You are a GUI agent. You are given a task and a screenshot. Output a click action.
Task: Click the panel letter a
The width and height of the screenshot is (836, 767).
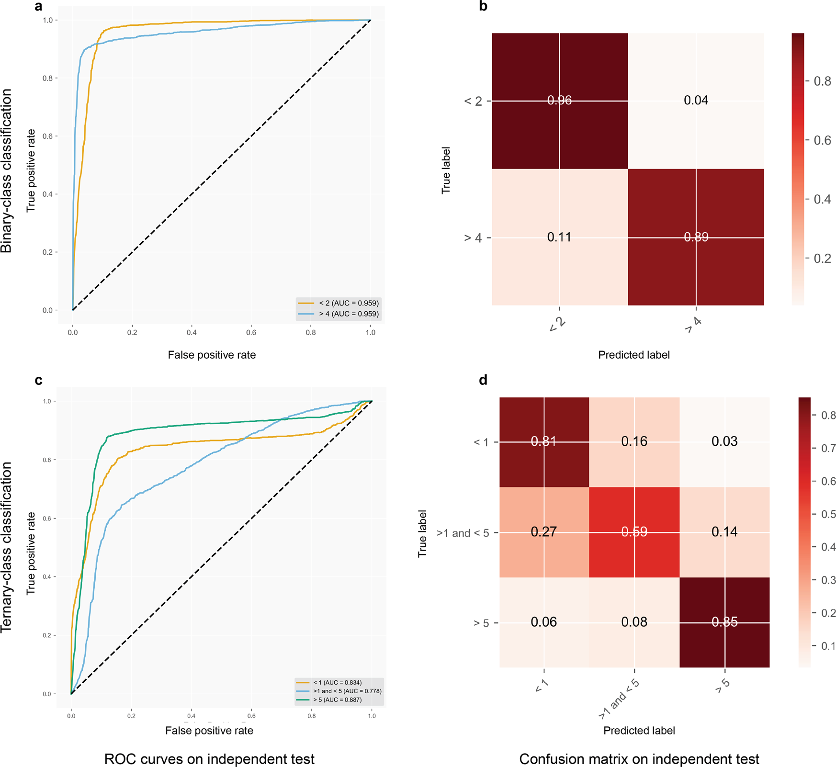click(x=39, y=6)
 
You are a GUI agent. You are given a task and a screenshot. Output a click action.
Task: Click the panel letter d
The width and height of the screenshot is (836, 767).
click(x=483, y=380)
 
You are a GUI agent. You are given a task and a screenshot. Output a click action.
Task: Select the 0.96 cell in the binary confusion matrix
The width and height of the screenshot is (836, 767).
click(x=559, y=100)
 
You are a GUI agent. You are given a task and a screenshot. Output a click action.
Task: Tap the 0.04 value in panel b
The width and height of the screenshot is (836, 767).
click(x=696, y=100)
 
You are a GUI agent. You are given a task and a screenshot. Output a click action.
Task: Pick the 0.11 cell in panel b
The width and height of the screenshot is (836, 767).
click(x=559, y=237)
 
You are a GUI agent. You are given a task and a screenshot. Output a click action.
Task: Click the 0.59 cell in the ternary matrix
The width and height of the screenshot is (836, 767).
click(x=634, y=532)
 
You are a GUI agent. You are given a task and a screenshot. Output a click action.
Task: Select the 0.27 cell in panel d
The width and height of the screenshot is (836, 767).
click(x=543, y=532)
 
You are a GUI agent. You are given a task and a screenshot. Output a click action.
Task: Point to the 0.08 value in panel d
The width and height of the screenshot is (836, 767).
click(x=634, y=622)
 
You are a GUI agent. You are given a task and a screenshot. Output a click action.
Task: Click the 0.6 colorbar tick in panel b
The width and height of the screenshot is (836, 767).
click(x=822, y=140)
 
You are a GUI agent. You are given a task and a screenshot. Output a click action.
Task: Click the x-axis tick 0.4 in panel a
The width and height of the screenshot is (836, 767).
click(x=192, y=332)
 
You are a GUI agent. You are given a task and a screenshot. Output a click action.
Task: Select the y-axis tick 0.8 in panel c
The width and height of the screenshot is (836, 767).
click(x=47, y=460)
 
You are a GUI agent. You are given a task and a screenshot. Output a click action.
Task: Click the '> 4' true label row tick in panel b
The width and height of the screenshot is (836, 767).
click(x=473, y=238)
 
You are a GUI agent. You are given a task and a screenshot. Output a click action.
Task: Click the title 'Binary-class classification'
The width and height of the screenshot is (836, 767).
click(x=7, y=171)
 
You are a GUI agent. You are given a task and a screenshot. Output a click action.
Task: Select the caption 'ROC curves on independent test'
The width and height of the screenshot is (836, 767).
click(x=209, y=759)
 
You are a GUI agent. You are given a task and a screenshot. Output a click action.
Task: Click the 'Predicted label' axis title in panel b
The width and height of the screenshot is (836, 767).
click(x=633, y=355)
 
